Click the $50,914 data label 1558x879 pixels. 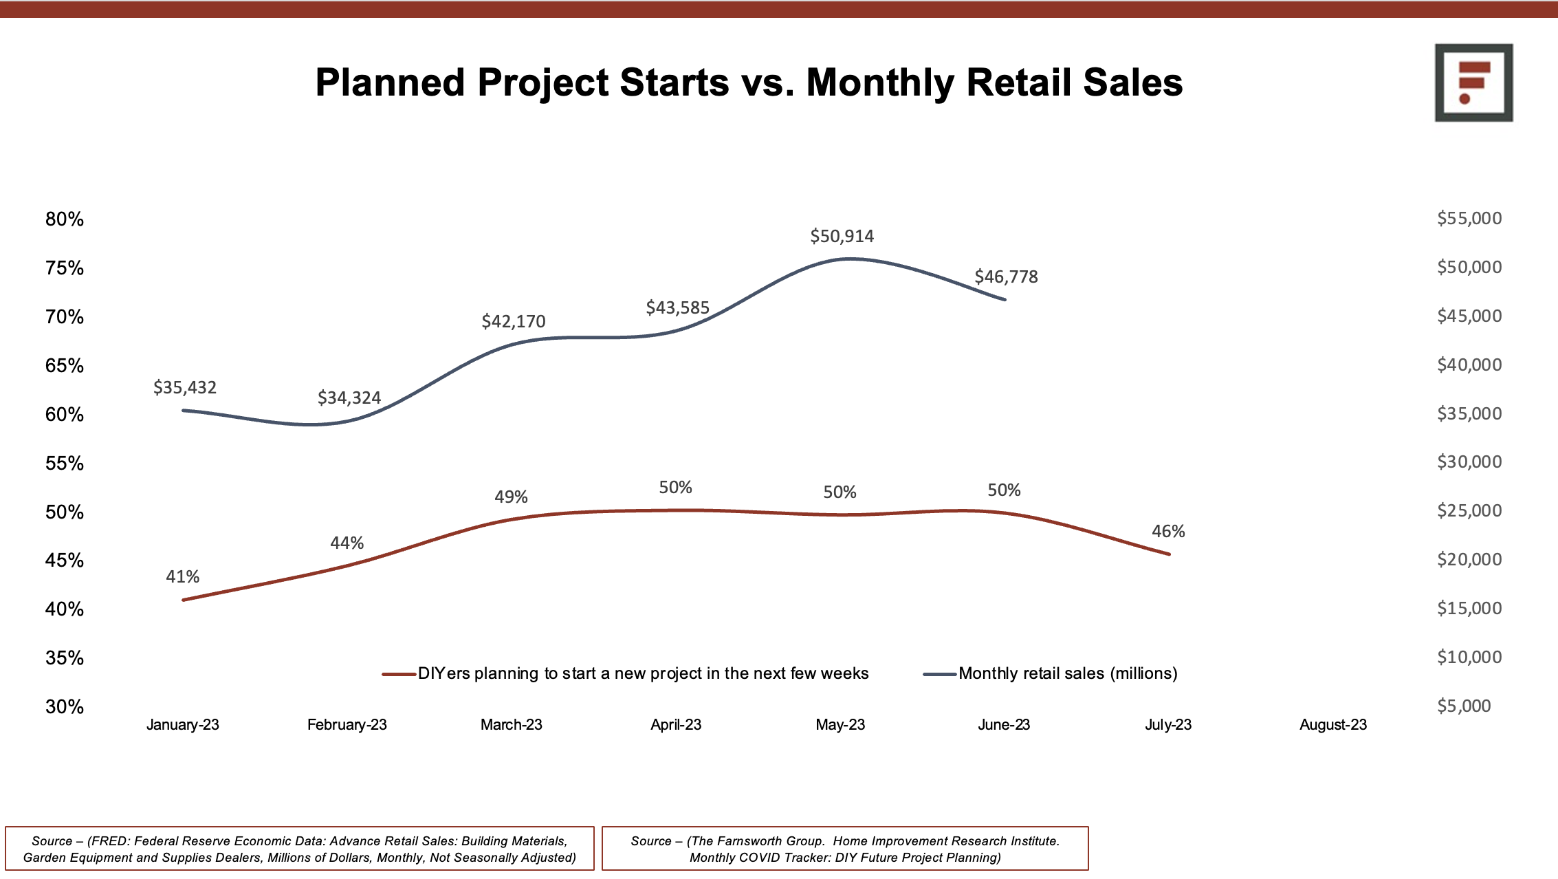coord(842,237)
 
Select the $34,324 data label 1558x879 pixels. coord(349,398)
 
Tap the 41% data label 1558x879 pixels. coord(182,577)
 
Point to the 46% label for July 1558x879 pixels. coord(1168,532)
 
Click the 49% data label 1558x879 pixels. coord(511,497)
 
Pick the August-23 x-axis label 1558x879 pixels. coord(1332,725)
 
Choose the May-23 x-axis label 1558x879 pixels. coord(840,725)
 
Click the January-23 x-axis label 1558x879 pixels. coord(182,725)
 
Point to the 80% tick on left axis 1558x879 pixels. coord(65,219)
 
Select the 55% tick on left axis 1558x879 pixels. coord(65,464)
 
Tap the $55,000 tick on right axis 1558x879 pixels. coord(1469,219)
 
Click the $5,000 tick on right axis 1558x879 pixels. coord(1464,706)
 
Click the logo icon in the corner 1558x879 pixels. coord(1473,83)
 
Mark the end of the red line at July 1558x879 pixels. coord(1169,554)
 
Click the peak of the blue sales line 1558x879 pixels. coord(850,259)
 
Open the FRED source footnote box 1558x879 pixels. coord(300,849)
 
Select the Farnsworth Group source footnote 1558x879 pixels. coord(845,849)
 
